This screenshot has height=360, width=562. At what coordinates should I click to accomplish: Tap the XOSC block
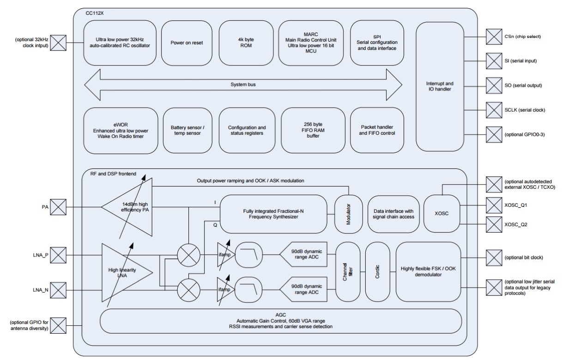pyautogui.click(x=442, y=214)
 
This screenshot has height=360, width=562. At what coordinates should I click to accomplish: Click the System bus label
pyautogui.click(x=244, y=84)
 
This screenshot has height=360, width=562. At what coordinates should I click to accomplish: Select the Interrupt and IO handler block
pyautogui.click(x=439, y=86)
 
